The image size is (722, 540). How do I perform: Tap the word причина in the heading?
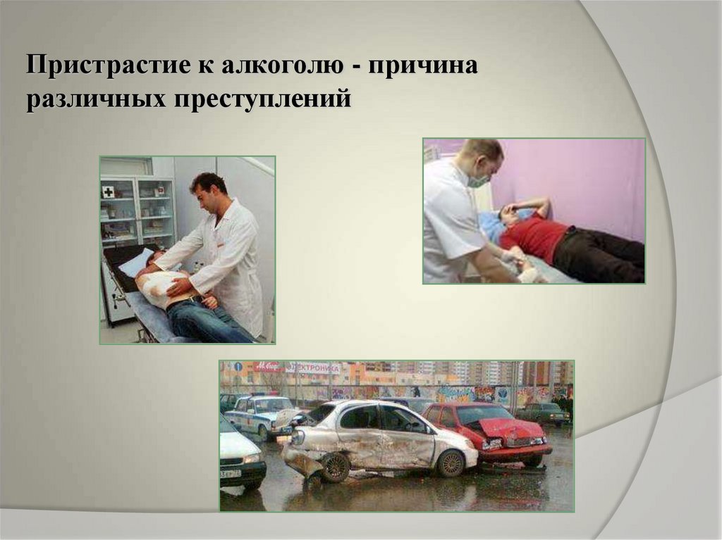tap(422, 65)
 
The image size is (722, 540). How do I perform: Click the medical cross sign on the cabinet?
tap(108, 191)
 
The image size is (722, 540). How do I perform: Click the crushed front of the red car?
tap(511, 434)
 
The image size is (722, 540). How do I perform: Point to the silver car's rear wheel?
tap(450, 463)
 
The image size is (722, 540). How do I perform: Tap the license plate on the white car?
tap(231, 473)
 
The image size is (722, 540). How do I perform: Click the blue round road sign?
tap(238, 367)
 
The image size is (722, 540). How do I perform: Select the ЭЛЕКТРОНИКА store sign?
tap(313, 368)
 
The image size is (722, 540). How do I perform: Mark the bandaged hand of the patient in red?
tap(530, 275)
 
